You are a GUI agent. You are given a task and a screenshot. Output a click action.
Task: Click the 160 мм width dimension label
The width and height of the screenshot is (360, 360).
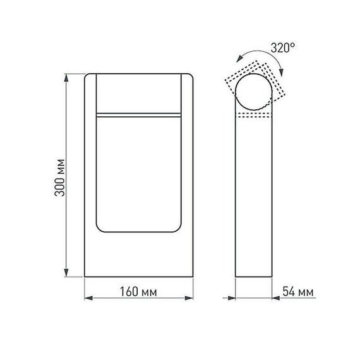tap(137, 292)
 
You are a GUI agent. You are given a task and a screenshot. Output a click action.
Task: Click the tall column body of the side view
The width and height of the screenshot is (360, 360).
tap(255, 202)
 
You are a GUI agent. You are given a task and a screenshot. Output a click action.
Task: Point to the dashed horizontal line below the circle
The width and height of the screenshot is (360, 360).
tap(255, 118)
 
